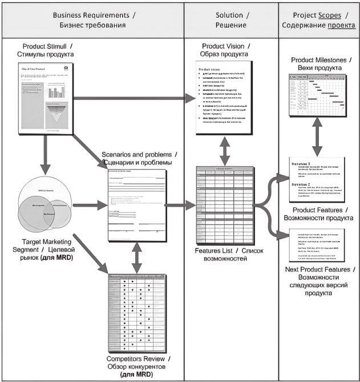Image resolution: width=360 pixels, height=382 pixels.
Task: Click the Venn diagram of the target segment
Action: tap(45, 203)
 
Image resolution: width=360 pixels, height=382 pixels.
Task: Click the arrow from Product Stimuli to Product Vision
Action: tap(134, 98)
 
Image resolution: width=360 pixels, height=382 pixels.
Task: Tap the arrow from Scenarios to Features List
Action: tap(179, 203)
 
